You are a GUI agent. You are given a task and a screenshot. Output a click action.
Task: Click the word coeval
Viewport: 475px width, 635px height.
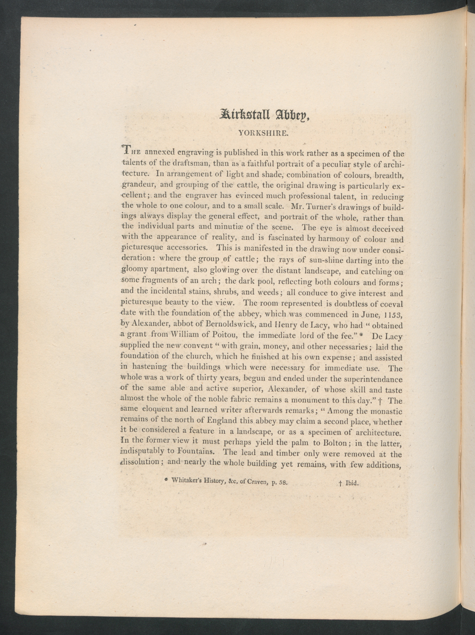pyautogui.click(x=391, y=304)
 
